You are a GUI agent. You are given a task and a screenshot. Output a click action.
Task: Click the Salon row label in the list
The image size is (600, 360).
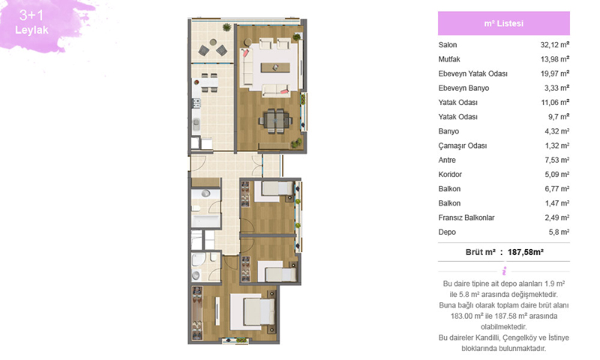447,45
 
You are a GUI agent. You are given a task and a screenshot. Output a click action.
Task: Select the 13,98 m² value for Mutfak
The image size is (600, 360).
555,59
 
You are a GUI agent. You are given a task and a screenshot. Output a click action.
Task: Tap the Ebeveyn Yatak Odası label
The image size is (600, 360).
473,73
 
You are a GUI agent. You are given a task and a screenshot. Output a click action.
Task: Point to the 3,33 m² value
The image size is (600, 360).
556,88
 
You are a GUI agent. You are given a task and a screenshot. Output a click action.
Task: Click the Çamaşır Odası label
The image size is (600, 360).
463,145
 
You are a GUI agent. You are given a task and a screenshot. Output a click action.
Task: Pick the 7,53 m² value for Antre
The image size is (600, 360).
557,160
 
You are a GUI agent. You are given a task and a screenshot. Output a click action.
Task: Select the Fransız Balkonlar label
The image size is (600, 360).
466,217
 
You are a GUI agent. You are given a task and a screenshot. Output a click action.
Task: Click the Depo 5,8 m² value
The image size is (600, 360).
559,232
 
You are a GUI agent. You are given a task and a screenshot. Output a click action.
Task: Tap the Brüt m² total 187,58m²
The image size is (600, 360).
526,252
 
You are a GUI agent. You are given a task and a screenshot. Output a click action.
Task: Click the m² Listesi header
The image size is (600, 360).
503,23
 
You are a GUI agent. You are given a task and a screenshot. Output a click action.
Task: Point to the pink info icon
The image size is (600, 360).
504,271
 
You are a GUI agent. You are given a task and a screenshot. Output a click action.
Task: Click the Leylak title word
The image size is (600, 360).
31,30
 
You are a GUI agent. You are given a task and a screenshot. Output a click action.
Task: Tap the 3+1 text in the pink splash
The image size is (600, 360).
31,15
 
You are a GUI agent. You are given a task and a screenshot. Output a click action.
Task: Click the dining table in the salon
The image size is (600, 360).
275,121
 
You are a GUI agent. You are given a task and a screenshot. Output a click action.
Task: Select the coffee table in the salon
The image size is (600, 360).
275,67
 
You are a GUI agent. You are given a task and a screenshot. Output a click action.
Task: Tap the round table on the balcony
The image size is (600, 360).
213,42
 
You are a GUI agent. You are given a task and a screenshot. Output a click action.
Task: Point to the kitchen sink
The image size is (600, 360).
196,124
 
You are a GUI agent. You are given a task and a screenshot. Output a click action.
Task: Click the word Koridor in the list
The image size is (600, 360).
450,175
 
